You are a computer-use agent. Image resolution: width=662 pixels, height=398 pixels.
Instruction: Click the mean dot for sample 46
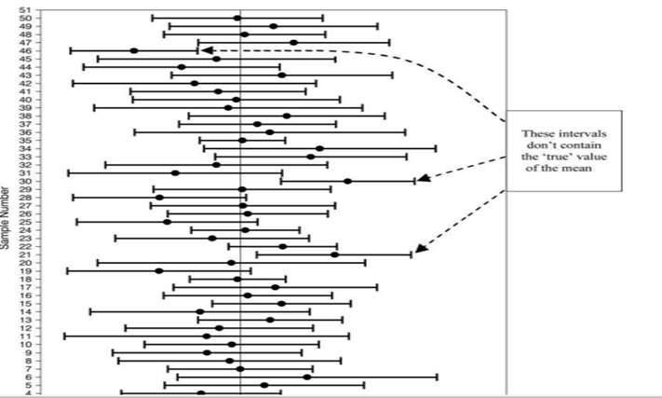(x=134, y=50)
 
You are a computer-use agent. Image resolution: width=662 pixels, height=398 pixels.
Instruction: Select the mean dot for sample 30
(x=347, y=181)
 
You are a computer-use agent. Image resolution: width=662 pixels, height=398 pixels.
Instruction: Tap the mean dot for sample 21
(x=334, y=254)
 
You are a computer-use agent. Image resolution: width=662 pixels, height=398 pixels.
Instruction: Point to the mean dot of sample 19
(x=159, y=271)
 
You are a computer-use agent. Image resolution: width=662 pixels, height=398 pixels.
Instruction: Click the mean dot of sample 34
(x=319, y=148)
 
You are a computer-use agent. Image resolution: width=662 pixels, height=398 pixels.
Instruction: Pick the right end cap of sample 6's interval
(x=437, y=377)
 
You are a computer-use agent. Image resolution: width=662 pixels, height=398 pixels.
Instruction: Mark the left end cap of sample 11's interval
(x=64, y=336)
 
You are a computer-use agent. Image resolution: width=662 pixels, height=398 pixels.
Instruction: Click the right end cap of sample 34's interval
(x=436, y=148)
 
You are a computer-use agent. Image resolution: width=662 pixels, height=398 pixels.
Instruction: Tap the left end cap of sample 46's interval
(x=70, y=50)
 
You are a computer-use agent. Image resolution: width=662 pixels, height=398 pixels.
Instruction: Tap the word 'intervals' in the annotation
(x=569, y=132)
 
